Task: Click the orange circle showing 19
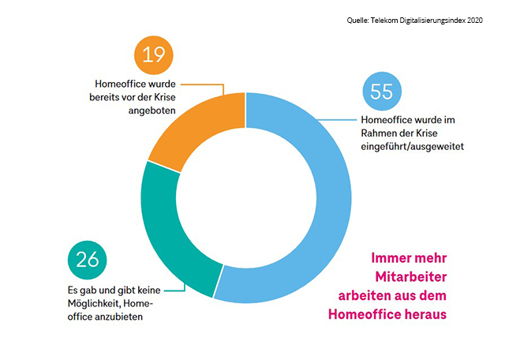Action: tap(154, 55)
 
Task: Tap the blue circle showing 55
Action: tap(382, 92)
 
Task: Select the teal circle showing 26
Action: tap(88, 260)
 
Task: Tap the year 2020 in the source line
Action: tap(475, 21)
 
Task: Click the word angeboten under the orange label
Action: tap(152, 111)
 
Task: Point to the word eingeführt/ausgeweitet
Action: tap(412, 147)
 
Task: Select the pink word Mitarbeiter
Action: tap(411, 276)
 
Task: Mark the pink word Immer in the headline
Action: tap(388, 258)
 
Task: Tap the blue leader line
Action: tap(337, 120)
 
